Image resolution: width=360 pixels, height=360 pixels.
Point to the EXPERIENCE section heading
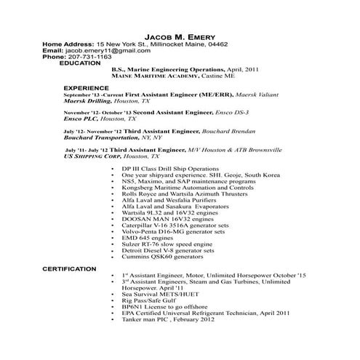pyautogui.click(x=86, y=87)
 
